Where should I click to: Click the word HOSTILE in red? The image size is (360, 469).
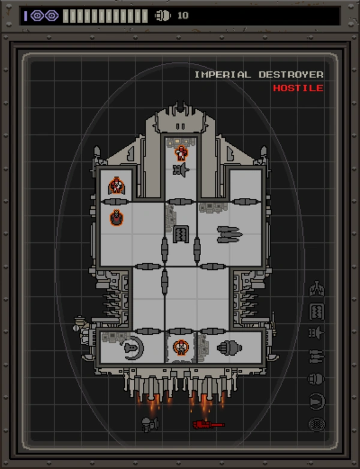coord(298,88)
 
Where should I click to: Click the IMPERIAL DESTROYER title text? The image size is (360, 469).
coord(259,74)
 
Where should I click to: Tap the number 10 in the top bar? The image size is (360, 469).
coord(182,16)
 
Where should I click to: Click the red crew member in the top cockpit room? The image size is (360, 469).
coord(181,153)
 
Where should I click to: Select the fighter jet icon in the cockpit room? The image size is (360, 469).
coord(181,171)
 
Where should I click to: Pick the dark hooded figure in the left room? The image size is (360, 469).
coord(116,218)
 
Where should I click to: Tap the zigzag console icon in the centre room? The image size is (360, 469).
coord(181,234)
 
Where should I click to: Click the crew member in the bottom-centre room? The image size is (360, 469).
coord(181,347)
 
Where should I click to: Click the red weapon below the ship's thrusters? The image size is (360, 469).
coord(208,425)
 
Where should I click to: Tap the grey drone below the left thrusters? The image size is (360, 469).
coord(150,425)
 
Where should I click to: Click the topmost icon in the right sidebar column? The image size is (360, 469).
coord(316,289)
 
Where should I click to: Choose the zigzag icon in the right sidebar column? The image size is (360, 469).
coord(316,311)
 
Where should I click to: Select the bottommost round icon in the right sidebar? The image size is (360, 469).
coord(316,424)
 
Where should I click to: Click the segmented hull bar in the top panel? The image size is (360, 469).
coord(105,16)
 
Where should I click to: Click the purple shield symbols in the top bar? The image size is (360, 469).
coord(44,16)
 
